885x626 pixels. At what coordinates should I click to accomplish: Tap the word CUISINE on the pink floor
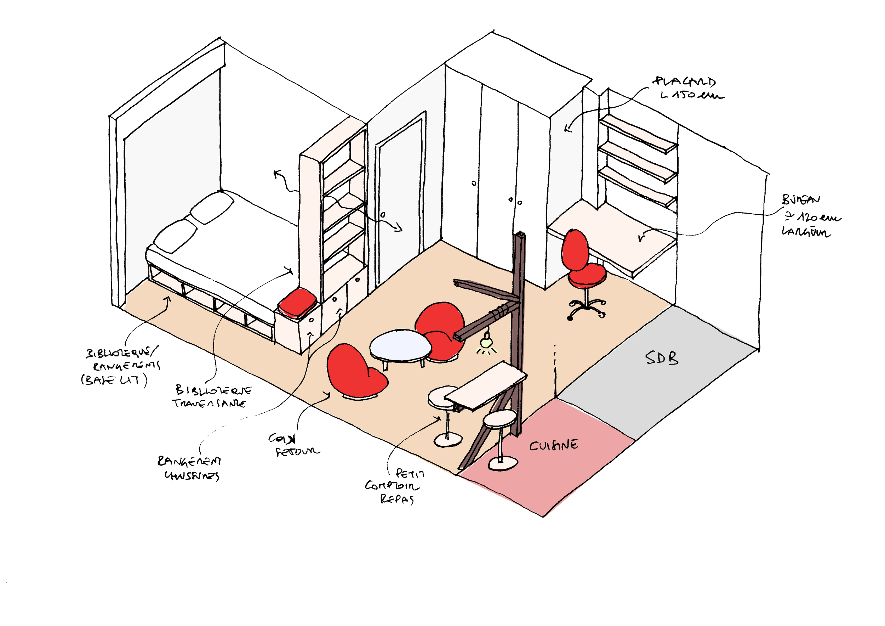click(x=554, y=445)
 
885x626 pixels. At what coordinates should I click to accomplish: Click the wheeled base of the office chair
click(x=586, y=308)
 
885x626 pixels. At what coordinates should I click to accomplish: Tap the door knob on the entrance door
click(x=383, y=214)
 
